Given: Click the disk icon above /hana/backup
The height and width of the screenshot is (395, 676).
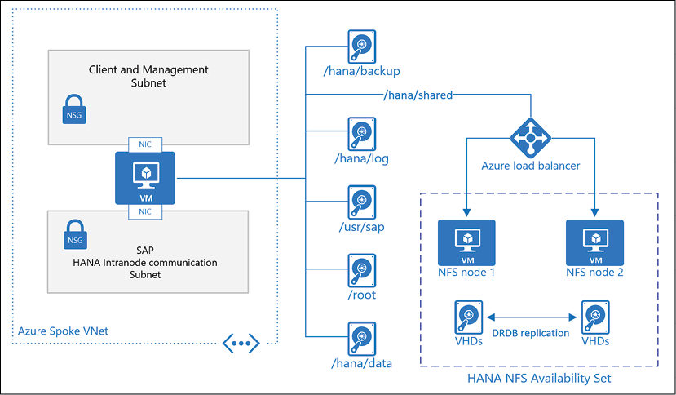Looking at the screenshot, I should (360, 45).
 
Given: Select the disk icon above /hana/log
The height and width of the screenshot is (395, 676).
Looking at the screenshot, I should (360, 132).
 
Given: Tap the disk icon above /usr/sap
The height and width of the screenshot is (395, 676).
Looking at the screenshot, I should (360, 200).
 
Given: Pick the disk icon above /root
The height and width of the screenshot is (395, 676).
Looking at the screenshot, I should (360, 268).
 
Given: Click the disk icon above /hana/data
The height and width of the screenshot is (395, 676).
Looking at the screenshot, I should (360, 335).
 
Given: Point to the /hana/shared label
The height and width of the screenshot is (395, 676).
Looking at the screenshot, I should (418, 95).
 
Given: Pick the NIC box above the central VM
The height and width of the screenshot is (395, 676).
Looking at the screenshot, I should (145, 144).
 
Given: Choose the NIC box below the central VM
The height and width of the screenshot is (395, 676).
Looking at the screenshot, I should (145, 212).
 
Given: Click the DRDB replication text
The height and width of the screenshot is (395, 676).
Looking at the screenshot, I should (530, 333).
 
